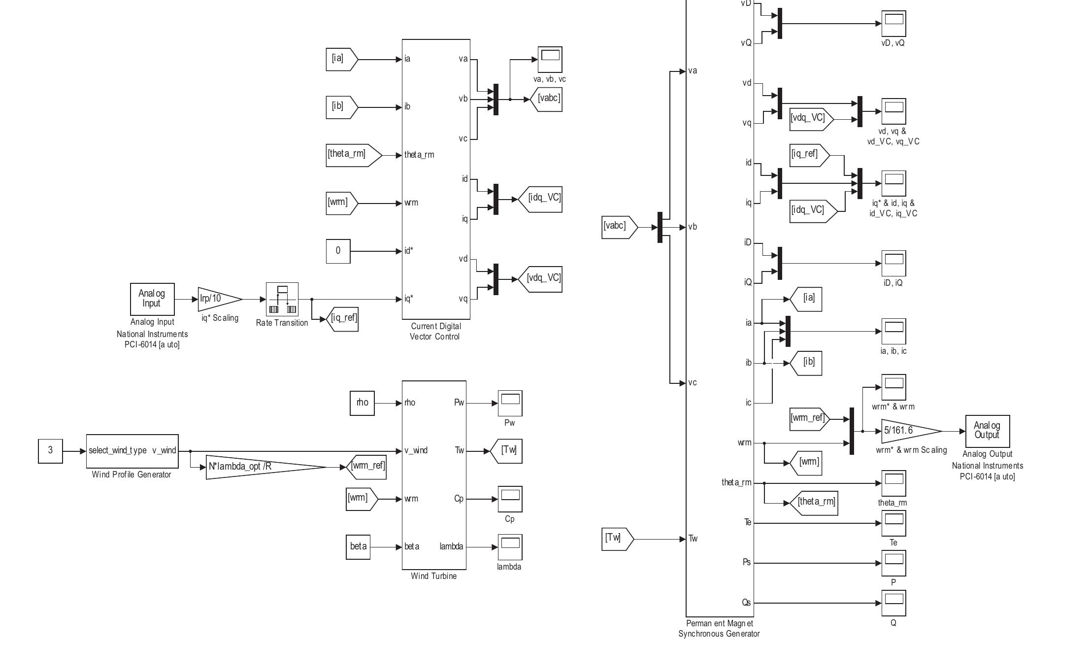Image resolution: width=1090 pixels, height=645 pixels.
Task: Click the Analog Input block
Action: (152, 299)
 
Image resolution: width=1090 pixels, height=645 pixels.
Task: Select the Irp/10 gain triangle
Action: (217, 299)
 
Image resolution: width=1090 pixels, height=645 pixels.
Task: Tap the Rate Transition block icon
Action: (282, 299)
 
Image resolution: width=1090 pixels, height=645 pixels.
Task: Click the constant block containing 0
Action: (338, 251)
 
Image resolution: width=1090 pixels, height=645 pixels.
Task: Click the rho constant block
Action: (362, 403)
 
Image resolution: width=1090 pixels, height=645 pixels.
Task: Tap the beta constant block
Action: (358, 547)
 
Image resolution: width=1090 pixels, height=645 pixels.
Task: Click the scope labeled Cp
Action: (510, 499)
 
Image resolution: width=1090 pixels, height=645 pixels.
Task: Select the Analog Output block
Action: (987, 431)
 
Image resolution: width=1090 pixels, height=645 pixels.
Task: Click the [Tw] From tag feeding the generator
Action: (616, 539)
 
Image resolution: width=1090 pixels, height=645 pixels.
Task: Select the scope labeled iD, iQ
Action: (893, 264)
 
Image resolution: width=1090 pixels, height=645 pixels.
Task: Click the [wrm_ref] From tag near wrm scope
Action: (808, 419)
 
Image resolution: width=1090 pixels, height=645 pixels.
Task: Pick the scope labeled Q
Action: (893, 604)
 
